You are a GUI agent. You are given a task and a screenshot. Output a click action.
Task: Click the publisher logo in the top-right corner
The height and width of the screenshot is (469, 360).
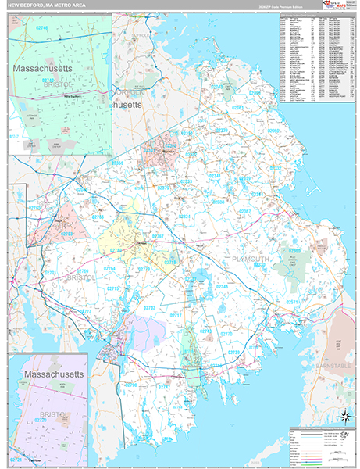pyautogui.click(x=337, y=5)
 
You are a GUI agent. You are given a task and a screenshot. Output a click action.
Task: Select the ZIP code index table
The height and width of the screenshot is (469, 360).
pyautogui.click(x=315, y=59)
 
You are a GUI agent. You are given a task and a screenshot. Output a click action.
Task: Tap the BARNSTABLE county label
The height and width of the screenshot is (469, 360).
pyautogui.click(x=336, y=363)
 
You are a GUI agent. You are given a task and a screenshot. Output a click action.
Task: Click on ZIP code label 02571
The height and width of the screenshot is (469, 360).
pyautogui.click(x=291, y=301)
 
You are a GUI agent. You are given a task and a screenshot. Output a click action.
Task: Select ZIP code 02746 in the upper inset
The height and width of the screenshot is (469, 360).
pyautogui.click(x=41, y=28)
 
